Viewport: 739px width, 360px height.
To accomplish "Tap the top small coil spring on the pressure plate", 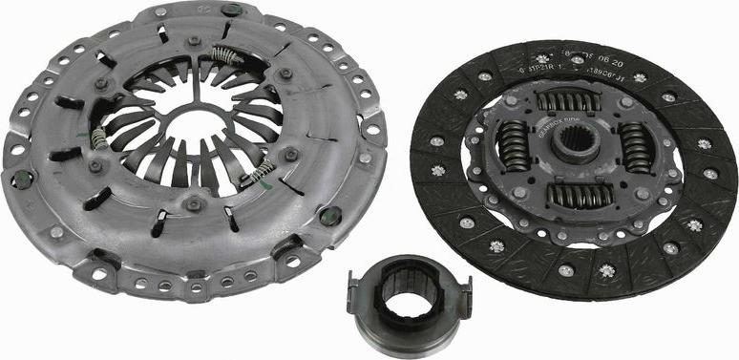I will tap(223, 54).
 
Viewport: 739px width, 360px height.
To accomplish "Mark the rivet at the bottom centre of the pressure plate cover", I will tap(194, 201).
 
